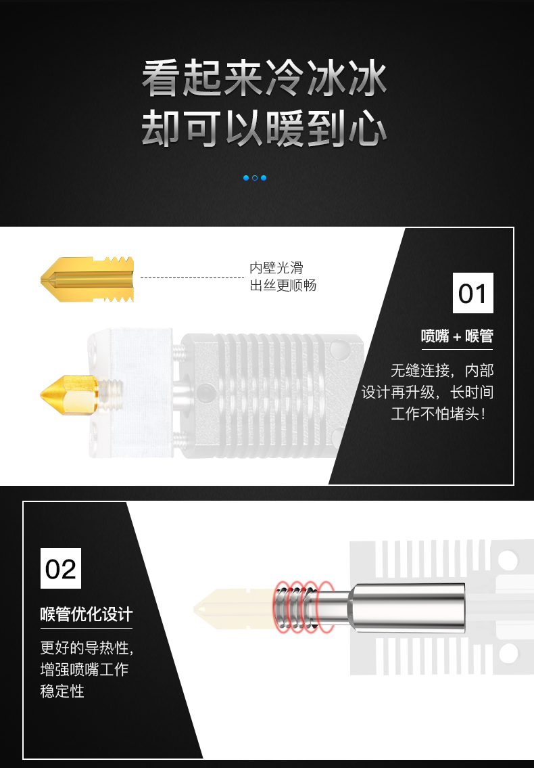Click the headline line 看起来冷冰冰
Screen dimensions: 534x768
pos(264,78)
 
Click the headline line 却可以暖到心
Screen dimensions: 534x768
pos(264,129)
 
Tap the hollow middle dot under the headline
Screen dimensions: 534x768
pos(255,178)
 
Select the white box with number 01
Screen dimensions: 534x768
pos(472,293)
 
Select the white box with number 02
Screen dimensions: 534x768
pos(61,568)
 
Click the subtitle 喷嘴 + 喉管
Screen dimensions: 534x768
pos(457,336)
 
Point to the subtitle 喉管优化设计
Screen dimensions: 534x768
pos(86,614)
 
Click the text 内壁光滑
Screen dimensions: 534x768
pos(276,268)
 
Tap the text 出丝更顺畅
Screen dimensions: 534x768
pos(283,285)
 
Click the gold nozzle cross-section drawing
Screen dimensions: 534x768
pos(87,279)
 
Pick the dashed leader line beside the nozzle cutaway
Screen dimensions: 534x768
pos(192,277)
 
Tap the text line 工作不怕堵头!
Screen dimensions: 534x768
pos(439,413)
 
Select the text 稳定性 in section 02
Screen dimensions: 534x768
pos(62,691)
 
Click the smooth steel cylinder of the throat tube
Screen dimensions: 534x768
pos(407,608)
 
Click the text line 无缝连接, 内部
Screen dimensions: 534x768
pos(442,370)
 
